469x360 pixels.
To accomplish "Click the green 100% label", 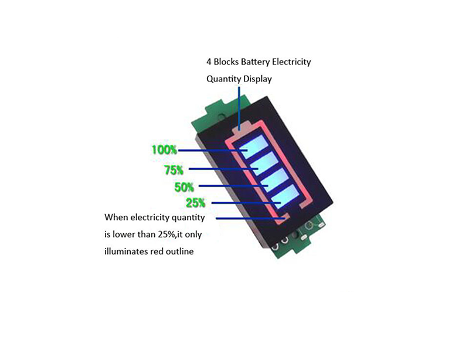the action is coord(164,150).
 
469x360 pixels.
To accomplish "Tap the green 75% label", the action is coord(174,170).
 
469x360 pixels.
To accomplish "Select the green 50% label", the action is coord(184,187).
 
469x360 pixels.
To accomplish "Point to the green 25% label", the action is coord(196,203).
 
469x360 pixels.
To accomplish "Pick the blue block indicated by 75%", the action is coord(264,164).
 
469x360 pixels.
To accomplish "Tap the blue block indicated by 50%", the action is coord(274,180).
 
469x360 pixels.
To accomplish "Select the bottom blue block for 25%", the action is coord(286,196).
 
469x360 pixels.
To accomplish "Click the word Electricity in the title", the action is coord(291,62).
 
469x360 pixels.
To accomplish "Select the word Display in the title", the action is coord(257,79).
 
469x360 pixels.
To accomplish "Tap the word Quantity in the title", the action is coord(223,79).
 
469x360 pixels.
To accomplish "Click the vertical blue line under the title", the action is coord(239,108).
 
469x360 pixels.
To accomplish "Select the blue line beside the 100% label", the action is coord(213,150).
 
